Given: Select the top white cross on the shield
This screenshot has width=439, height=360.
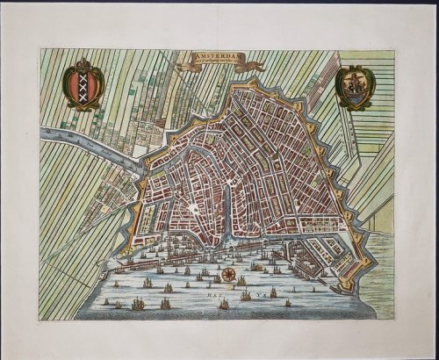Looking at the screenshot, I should coord(85,78).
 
